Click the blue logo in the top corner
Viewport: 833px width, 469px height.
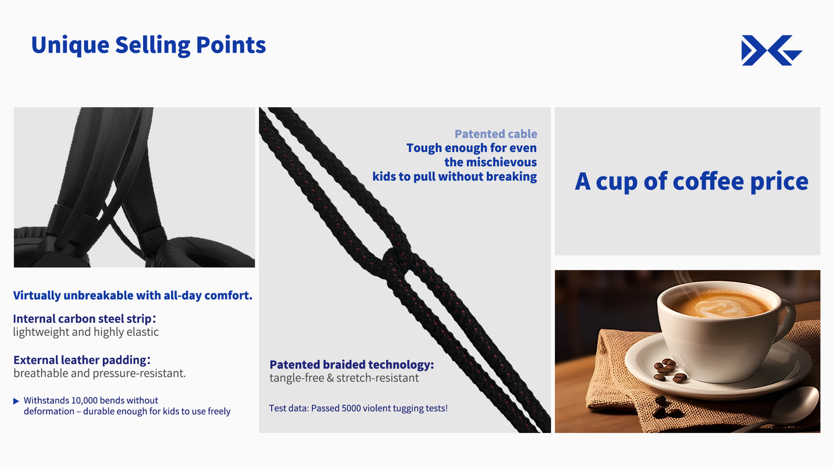[772, 50]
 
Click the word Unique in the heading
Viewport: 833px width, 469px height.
[70, 45]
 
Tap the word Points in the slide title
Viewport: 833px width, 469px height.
[231, 45]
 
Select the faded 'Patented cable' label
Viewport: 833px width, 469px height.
[496, 133]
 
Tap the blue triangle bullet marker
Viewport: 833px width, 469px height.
[16, 401]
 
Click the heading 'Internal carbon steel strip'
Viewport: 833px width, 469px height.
[84, 318]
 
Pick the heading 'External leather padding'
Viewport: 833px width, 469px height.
[82, 360]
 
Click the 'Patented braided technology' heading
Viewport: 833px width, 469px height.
[351, 365]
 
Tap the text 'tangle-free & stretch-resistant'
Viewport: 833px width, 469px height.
[344, 378]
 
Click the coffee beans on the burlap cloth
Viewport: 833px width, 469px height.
[663, 408]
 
